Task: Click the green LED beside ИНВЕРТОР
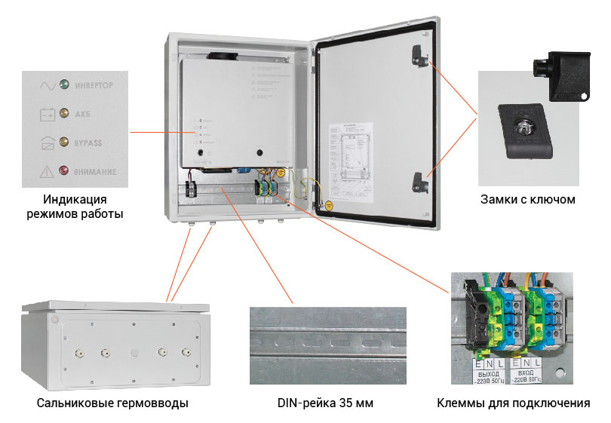[x=64, y=85]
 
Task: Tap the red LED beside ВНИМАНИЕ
[x=64, y=171]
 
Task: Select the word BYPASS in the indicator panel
[x=89, y=143]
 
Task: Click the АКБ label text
[x=82, y=114]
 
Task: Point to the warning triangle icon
[x=47, y=171]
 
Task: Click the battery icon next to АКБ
[x=47, y=114]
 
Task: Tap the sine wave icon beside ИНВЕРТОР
[x=47, y=85]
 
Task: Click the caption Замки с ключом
[x=527, y=201]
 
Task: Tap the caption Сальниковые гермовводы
[x=112, y=403]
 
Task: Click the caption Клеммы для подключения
[x=513, y=403]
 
